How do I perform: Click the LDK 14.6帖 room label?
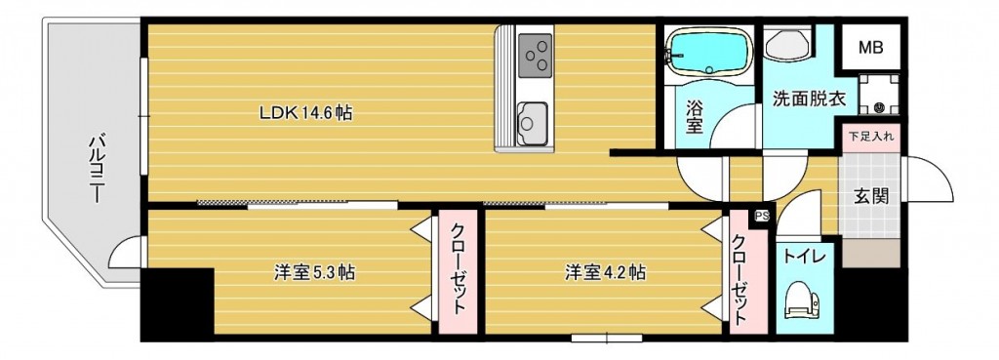tap(305, 113)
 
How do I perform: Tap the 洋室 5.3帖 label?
tap(313, 273)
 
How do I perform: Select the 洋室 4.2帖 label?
tap(604, 273)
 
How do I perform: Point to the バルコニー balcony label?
tap(97, 167)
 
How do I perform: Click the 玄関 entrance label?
tap(871, 195)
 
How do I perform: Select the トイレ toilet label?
tap(805, 256)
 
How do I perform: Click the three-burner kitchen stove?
tap(535, 54)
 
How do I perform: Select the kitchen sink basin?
tap(533, 122)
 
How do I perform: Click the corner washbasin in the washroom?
tap(785, 45)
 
